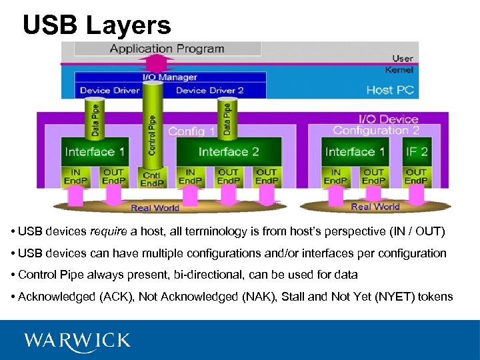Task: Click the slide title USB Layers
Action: (x=97, y=25)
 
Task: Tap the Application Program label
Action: (x=167, y=49)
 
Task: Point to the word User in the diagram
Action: (x=403, y=59)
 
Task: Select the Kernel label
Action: (x=399, y=69)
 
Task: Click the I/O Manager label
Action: (x=170, y=77)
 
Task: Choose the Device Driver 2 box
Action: (x=209, y=91)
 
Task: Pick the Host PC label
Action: (x=389, y=90)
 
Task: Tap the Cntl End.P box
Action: (x=152, y=179)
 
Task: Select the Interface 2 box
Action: (x=228, y=152)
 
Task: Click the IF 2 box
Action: (x=417, y=152)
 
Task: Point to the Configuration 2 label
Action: (x=376, y=131)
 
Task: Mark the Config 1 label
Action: (x=192, y=131)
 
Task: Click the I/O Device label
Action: (x=389, y=119)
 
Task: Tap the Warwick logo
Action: (x=77, y=341)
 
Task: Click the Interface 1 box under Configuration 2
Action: (x=355, y=152)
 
